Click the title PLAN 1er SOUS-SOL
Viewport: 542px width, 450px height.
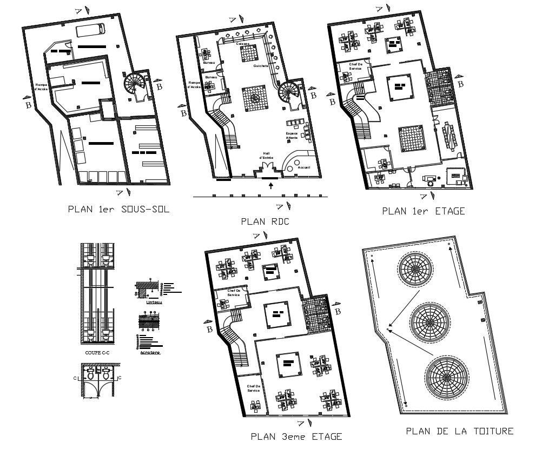118,210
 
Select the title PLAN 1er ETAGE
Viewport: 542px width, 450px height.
423,211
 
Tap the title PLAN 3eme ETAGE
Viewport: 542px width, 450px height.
296,436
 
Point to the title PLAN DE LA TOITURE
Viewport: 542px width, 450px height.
459,431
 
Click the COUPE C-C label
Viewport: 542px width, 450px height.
97,352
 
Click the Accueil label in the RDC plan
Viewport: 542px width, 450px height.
304,167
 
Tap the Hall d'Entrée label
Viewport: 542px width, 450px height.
267,155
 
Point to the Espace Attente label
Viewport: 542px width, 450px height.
292,136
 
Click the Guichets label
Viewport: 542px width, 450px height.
260,66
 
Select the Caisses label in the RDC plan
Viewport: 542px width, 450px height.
243,43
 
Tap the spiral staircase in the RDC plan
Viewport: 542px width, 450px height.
289,95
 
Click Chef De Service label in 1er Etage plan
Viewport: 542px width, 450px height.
355,66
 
